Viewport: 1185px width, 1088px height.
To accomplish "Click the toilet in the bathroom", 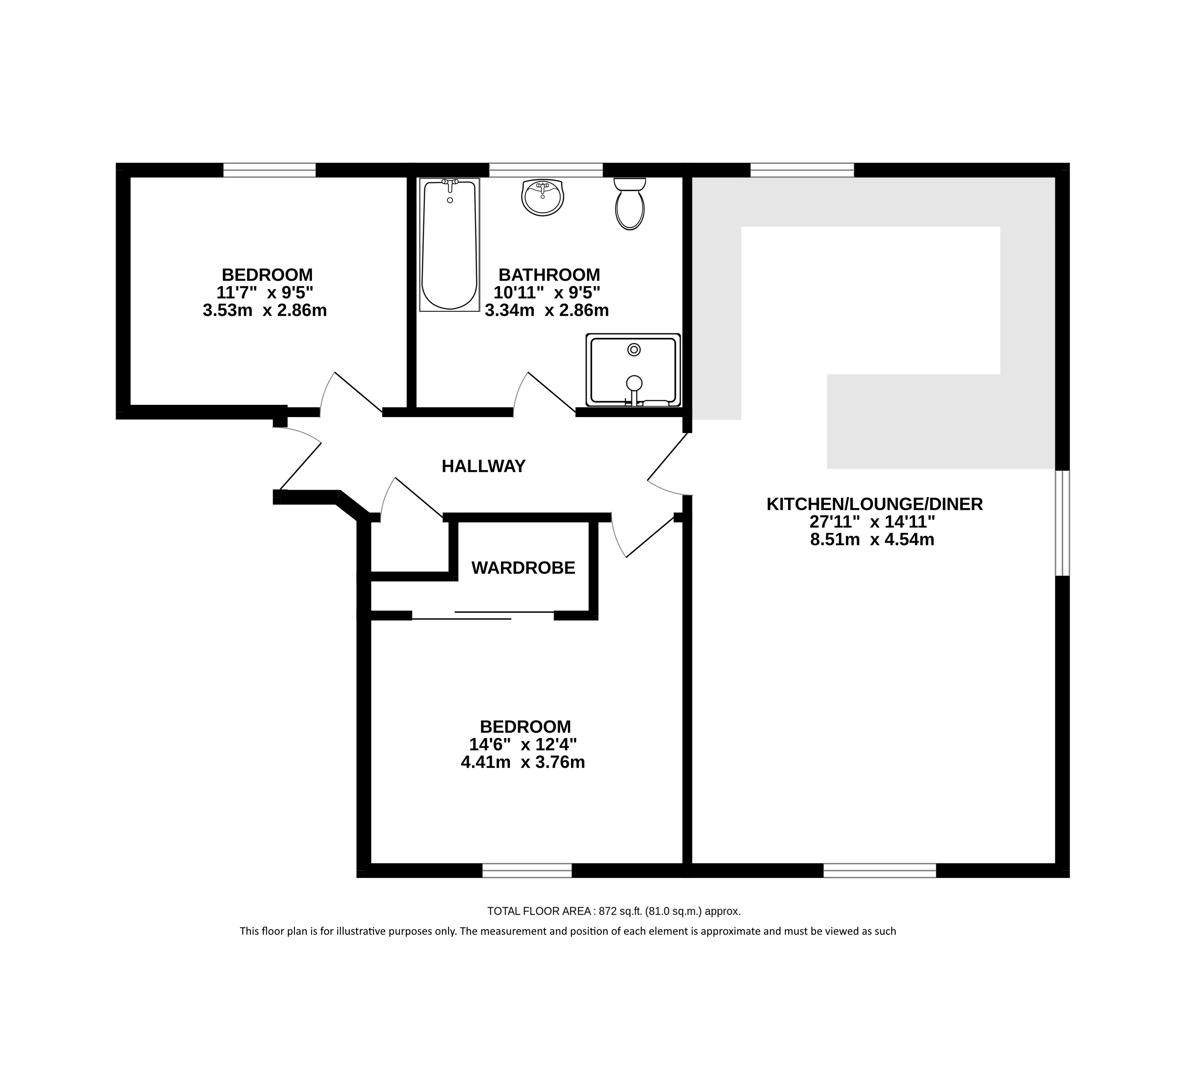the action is click(629, 204).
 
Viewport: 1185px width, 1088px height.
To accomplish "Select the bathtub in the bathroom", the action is click(449, 245).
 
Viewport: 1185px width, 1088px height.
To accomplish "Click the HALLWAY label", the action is click(484, 466).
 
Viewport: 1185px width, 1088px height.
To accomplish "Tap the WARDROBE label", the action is click(523, 568).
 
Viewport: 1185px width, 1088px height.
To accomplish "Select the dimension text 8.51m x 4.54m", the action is click(872, 539).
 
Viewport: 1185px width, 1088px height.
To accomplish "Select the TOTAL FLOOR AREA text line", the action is click(614, 911).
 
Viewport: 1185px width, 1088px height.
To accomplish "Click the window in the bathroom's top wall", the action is click(546, 170).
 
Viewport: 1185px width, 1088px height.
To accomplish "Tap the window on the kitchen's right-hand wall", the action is click(1062, 522).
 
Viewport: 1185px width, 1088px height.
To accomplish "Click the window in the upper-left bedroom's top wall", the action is click(270, 170).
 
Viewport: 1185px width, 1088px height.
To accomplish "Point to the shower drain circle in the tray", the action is click(634, 350).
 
